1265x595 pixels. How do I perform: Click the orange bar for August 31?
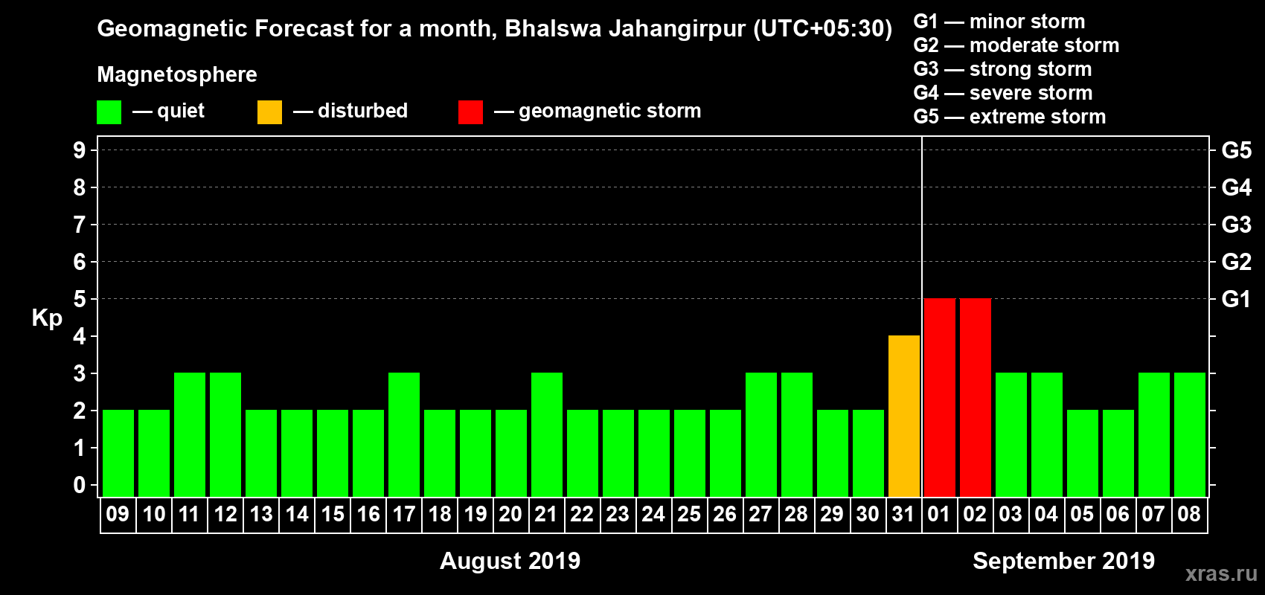tap(903, 416)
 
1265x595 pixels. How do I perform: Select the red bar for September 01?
tap(939, 397)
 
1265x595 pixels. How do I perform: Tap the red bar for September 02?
tap(975, 397)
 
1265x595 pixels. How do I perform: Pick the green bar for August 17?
tap(404, 434)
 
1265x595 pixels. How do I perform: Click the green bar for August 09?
tap(118, 453)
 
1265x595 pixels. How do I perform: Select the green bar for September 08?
tap(1189, 434)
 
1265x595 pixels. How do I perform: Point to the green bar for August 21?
tap(547, 434)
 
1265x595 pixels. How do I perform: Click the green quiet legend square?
tap(109, 112)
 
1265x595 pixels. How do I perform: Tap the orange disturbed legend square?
tap(269, 112)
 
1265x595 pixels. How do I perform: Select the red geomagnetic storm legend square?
tap(470, 112)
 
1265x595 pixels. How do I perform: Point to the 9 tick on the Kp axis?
tap(80, 150)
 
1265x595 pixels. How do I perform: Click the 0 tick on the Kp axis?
tap(80, 485)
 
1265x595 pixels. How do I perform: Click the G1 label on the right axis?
tap(1236, 299)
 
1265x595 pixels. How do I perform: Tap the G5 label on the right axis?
tap(1236, 150)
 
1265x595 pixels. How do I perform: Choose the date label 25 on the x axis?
tap(689, 514)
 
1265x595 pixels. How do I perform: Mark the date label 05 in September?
tap(1082, 514)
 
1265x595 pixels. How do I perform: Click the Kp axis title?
tap(47, 318)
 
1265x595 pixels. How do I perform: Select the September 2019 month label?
tap(1063, 561)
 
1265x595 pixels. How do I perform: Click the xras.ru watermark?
tap(1221, 573)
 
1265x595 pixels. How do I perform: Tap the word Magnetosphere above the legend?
tap(177, 74)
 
